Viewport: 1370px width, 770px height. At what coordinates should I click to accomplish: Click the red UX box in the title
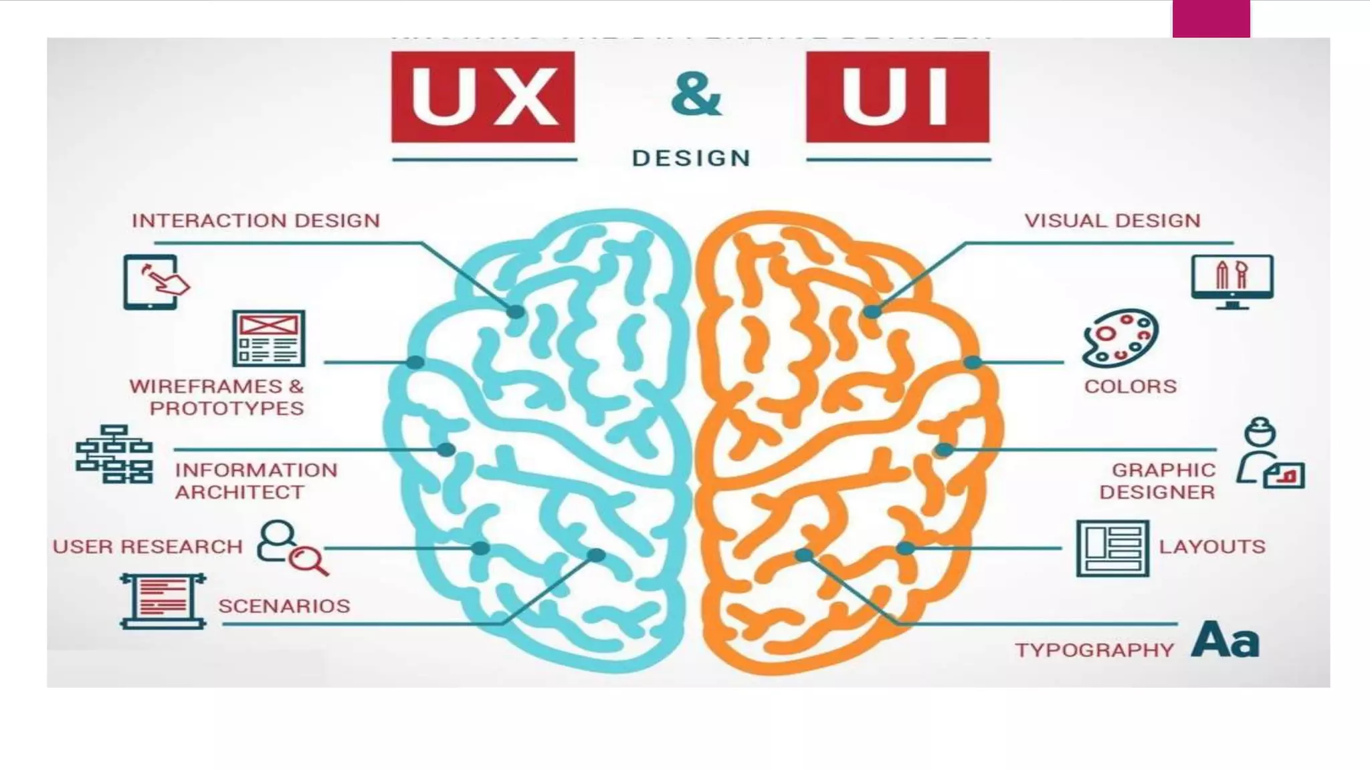point(482,97)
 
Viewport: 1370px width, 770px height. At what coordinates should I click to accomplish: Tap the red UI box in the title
point(897,97)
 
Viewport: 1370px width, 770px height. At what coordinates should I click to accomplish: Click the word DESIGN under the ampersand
point(692,158)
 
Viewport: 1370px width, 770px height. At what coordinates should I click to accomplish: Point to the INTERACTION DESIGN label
point(256,221)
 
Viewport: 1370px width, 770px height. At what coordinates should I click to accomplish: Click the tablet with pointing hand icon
point(155,281)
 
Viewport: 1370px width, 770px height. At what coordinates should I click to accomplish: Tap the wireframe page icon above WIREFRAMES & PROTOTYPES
point(269,338)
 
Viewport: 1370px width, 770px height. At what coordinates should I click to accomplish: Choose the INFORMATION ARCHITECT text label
point(256,481)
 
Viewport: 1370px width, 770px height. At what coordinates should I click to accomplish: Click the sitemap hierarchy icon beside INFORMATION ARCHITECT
point(114,454)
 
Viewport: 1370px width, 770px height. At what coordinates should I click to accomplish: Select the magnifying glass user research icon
point(292,548)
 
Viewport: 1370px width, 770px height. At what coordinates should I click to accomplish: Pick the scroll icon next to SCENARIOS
point(163,600)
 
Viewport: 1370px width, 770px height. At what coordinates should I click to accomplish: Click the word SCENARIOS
point(284,606)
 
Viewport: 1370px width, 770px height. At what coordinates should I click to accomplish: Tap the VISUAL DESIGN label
point(1112,221)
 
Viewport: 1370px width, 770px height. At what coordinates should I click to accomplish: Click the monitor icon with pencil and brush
point(1232,281)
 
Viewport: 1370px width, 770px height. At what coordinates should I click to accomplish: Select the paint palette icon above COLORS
point(1120,338)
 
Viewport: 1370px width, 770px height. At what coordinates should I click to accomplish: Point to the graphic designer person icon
point(1268,454)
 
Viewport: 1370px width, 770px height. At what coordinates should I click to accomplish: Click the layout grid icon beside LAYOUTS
point(1112,548)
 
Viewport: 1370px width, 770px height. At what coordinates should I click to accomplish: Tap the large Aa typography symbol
point(1226,640)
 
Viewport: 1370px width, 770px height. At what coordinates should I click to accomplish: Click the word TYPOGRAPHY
point(1094,650)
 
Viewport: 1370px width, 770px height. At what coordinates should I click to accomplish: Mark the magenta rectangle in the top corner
point(1211,19)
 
